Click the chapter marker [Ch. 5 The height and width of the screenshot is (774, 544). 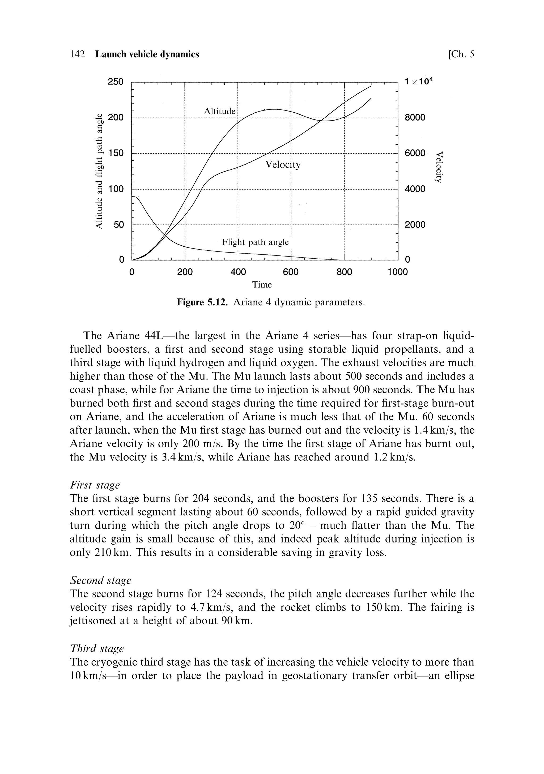pos(461,54)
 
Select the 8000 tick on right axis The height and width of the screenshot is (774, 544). pos(415,118)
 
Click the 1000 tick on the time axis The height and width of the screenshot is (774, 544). pos(398,272)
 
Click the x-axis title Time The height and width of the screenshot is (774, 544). pos(262,285)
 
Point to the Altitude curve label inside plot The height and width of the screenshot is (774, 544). pos(220,112)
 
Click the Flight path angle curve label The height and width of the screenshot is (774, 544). pos(255,242)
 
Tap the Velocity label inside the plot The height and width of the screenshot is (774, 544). pos(283,165)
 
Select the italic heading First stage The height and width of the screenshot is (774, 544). pos(95,485)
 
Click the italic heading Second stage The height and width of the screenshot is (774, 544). pos(100,580)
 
